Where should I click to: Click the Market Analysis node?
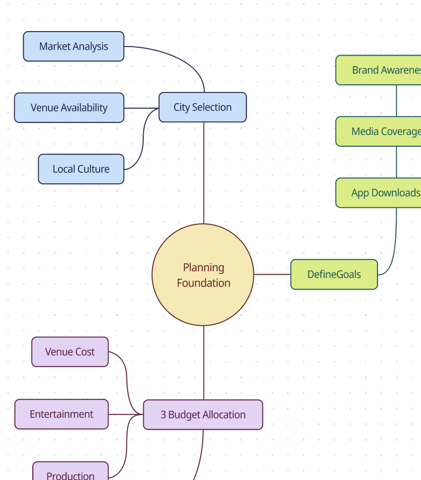pos(73,47)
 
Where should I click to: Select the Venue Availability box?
pos(69,108)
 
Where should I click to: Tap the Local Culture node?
pos(81,169)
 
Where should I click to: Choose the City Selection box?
pos(202,107)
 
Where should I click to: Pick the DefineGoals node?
pos(334,275)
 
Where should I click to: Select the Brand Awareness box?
pos(382,70)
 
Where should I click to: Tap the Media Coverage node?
pos(382,131)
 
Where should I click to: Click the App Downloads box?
pos(382,193)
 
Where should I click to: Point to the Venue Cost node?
pos(70,352)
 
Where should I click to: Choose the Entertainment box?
pos(61,414)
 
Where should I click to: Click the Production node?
pos(70,474)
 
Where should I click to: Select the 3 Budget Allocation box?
pos(203,415)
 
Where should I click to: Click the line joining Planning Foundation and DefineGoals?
pos(272,275)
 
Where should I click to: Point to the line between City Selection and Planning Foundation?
pos(203,173)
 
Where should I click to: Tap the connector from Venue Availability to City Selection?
pos(141,108)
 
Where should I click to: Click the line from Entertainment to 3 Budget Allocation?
pos(126,414)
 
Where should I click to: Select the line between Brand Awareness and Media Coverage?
pos(397,101)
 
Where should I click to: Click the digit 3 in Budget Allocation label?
pos(163,415)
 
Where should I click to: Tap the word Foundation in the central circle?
pos(203,283)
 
